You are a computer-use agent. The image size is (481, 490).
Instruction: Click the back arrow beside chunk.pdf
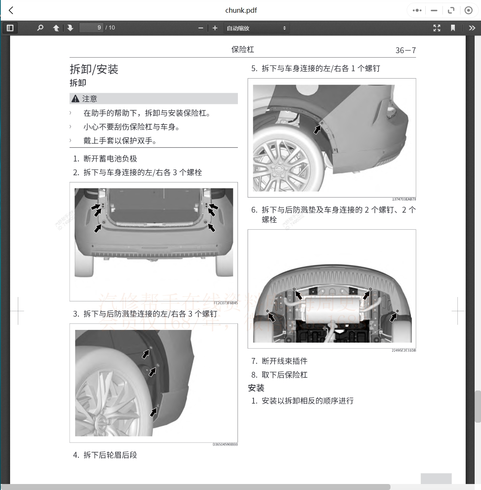[x=11, y=10]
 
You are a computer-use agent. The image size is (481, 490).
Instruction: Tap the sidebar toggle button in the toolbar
[x=10, y=28]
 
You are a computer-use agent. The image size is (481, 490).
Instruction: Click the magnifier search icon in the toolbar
[x=40, y=28]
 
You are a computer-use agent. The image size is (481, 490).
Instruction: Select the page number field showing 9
[x=91, y=28]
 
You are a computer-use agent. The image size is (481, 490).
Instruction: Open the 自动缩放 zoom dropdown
[x=257, y=28]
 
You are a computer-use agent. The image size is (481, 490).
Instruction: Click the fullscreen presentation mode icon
[x=436, y=28]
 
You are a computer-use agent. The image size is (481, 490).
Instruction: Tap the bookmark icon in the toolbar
[x=453, y=28]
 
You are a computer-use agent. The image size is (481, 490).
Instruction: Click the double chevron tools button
[x=472, y=28]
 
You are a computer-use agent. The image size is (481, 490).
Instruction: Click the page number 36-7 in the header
[x=405, y=50]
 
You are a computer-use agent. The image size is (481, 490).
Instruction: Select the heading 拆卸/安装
[x=94, y=69]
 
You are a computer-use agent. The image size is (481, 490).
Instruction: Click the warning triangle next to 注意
[x=76, y=99]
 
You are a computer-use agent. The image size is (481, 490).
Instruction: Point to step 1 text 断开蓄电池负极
[x=110, y=159]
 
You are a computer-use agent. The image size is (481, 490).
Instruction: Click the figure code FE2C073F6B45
[x=226, y=303]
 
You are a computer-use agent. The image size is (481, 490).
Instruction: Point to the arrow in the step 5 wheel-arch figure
[x=318, y=129]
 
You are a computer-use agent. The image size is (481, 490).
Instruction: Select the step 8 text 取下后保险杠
[x=284, y=375]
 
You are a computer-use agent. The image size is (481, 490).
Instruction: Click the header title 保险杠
[x=242, y=50]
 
